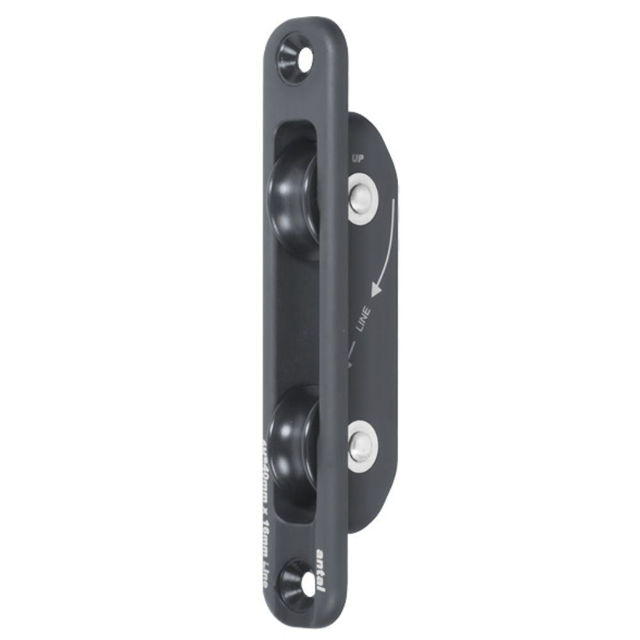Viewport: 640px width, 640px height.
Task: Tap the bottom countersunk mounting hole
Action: [299, 582]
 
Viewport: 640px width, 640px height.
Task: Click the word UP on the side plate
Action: [359, 158]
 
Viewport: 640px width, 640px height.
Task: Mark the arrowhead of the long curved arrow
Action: [376, 288]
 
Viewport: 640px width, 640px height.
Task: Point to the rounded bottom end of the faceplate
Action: [306, 617]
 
